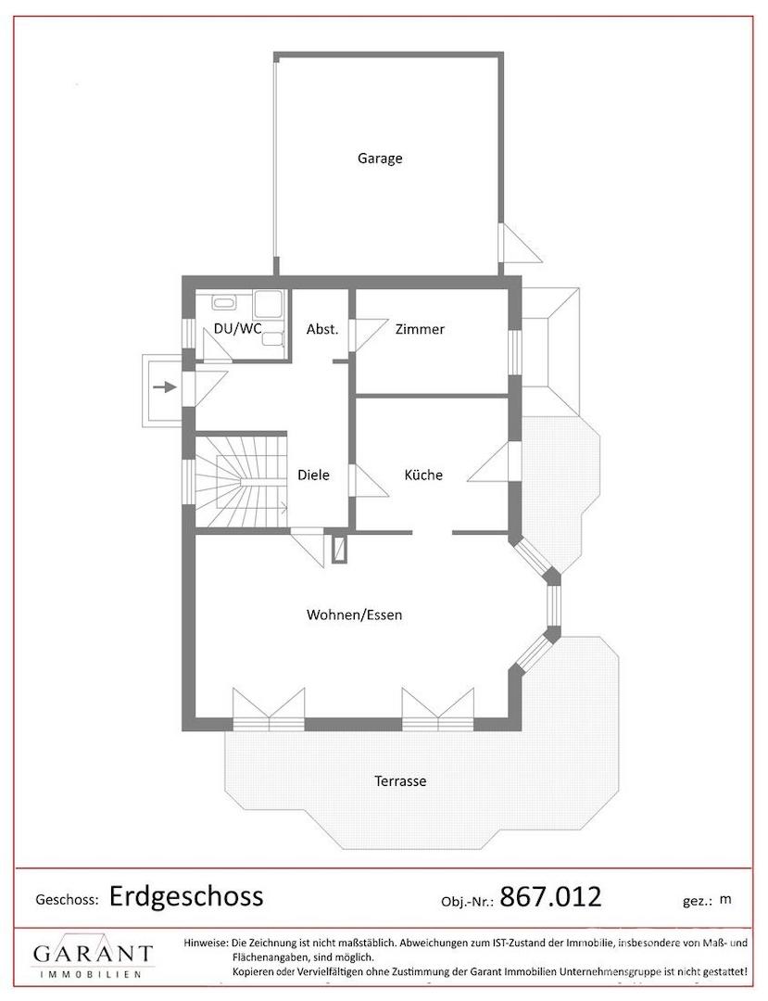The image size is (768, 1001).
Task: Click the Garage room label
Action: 380,158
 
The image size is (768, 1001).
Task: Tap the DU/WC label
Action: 237,329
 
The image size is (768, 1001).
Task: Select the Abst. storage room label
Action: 322,329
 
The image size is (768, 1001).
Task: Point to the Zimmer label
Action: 420,329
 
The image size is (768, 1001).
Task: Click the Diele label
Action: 313,475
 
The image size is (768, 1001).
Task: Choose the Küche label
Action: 423,475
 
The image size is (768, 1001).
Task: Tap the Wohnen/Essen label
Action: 354,615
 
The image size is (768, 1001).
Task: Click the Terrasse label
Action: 400,780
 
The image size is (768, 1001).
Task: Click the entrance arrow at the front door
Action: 165,386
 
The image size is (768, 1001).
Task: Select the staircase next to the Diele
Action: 242,480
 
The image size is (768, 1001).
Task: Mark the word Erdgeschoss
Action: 186,896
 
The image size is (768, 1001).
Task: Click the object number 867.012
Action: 550,897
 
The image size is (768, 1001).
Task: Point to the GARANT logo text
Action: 94,954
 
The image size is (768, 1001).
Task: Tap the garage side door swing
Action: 521,243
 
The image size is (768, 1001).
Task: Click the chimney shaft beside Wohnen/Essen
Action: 340,549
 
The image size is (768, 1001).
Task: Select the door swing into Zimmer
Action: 370,336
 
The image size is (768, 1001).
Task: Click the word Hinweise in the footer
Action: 206,943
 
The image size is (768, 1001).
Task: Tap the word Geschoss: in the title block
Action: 67,900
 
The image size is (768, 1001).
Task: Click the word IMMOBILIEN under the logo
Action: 91,974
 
